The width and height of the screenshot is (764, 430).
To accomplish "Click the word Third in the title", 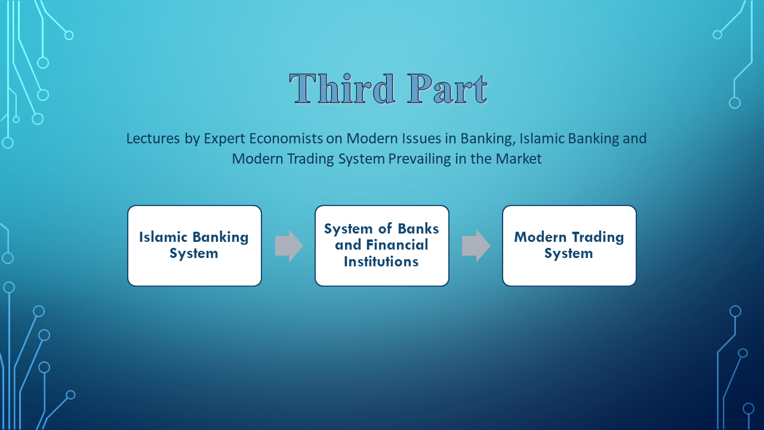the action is click(342, 88).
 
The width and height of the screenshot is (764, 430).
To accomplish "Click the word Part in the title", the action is click(448, 88).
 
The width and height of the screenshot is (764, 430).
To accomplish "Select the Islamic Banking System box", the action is click(195, 245).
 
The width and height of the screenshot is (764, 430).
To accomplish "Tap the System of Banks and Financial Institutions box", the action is click(381, 245).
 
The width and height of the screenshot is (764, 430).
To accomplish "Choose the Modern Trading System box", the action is click(569, 245).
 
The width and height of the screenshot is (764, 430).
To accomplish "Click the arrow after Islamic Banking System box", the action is click(289, 245).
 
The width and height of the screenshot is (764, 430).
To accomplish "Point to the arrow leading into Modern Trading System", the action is click(476, 245).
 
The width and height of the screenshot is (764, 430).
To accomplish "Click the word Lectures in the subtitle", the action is click(153, 139).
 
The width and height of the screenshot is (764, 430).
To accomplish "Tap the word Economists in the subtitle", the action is click(286, 139).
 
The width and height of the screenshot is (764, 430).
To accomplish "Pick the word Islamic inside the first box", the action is click(163, 237).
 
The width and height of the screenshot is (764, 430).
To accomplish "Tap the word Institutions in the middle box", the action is click(381, 262).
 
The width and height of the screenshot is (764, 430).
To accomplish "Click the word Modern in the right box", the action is click(540, 237).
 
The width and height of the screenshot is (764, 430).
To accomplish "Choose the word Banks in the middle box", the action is click(418, 228).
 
